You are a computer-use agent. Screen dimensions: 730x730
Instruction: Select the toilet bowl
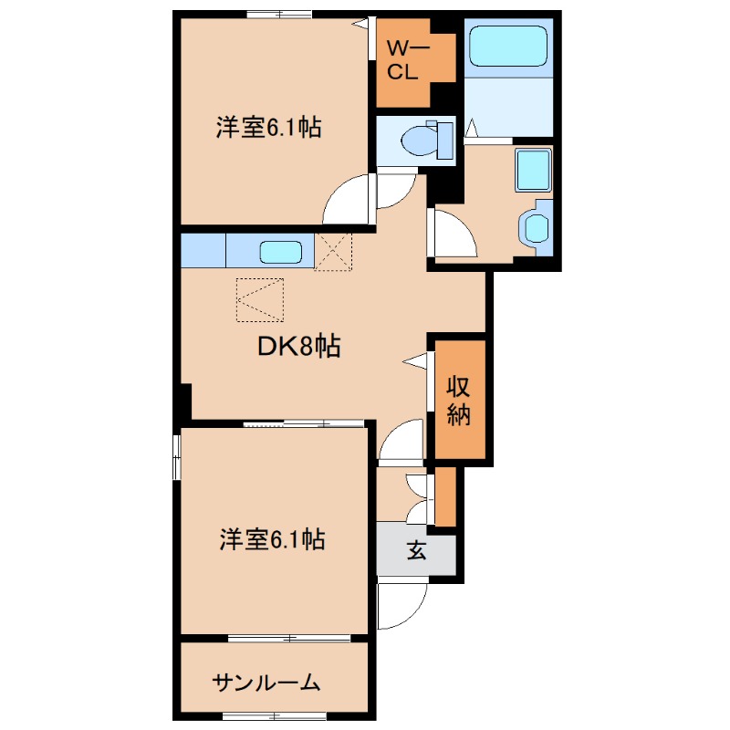pos(422,141)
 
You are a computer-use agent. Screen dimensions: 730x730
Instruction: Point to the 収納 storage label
pos(459,401)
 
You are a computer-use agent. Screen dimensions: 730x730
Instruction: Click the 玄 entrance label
pos(416,551)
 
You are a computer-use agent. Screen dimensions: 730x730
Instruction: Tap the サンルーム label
pos(266,682)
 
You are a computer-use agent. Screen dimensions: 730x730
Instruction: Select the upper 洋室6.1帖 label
pos(268,128)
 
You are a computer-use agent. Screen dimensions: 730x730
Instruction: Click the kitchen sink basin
pos(283,251)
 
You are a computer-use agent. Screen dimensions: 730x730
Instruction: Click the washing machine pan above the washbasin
pos(531,170)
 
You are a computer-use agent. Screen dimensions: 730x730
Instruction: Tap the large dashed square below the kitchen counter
pos(260,299)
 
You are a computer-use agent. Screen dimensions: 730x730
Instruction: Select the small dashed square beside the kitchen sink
pos(333,251)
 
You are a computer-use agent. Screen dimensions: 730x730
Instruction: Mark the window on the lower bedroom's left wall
pos(177,455)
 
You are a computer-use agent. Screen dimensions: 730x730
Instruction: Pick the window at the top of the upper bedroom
pos(278,14)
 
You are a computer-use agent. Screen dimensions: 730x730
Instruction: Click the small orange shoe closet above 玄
pos(445,497)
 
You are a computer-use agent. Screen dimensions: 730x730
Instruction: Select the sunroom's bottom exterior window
pos(278,713)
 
